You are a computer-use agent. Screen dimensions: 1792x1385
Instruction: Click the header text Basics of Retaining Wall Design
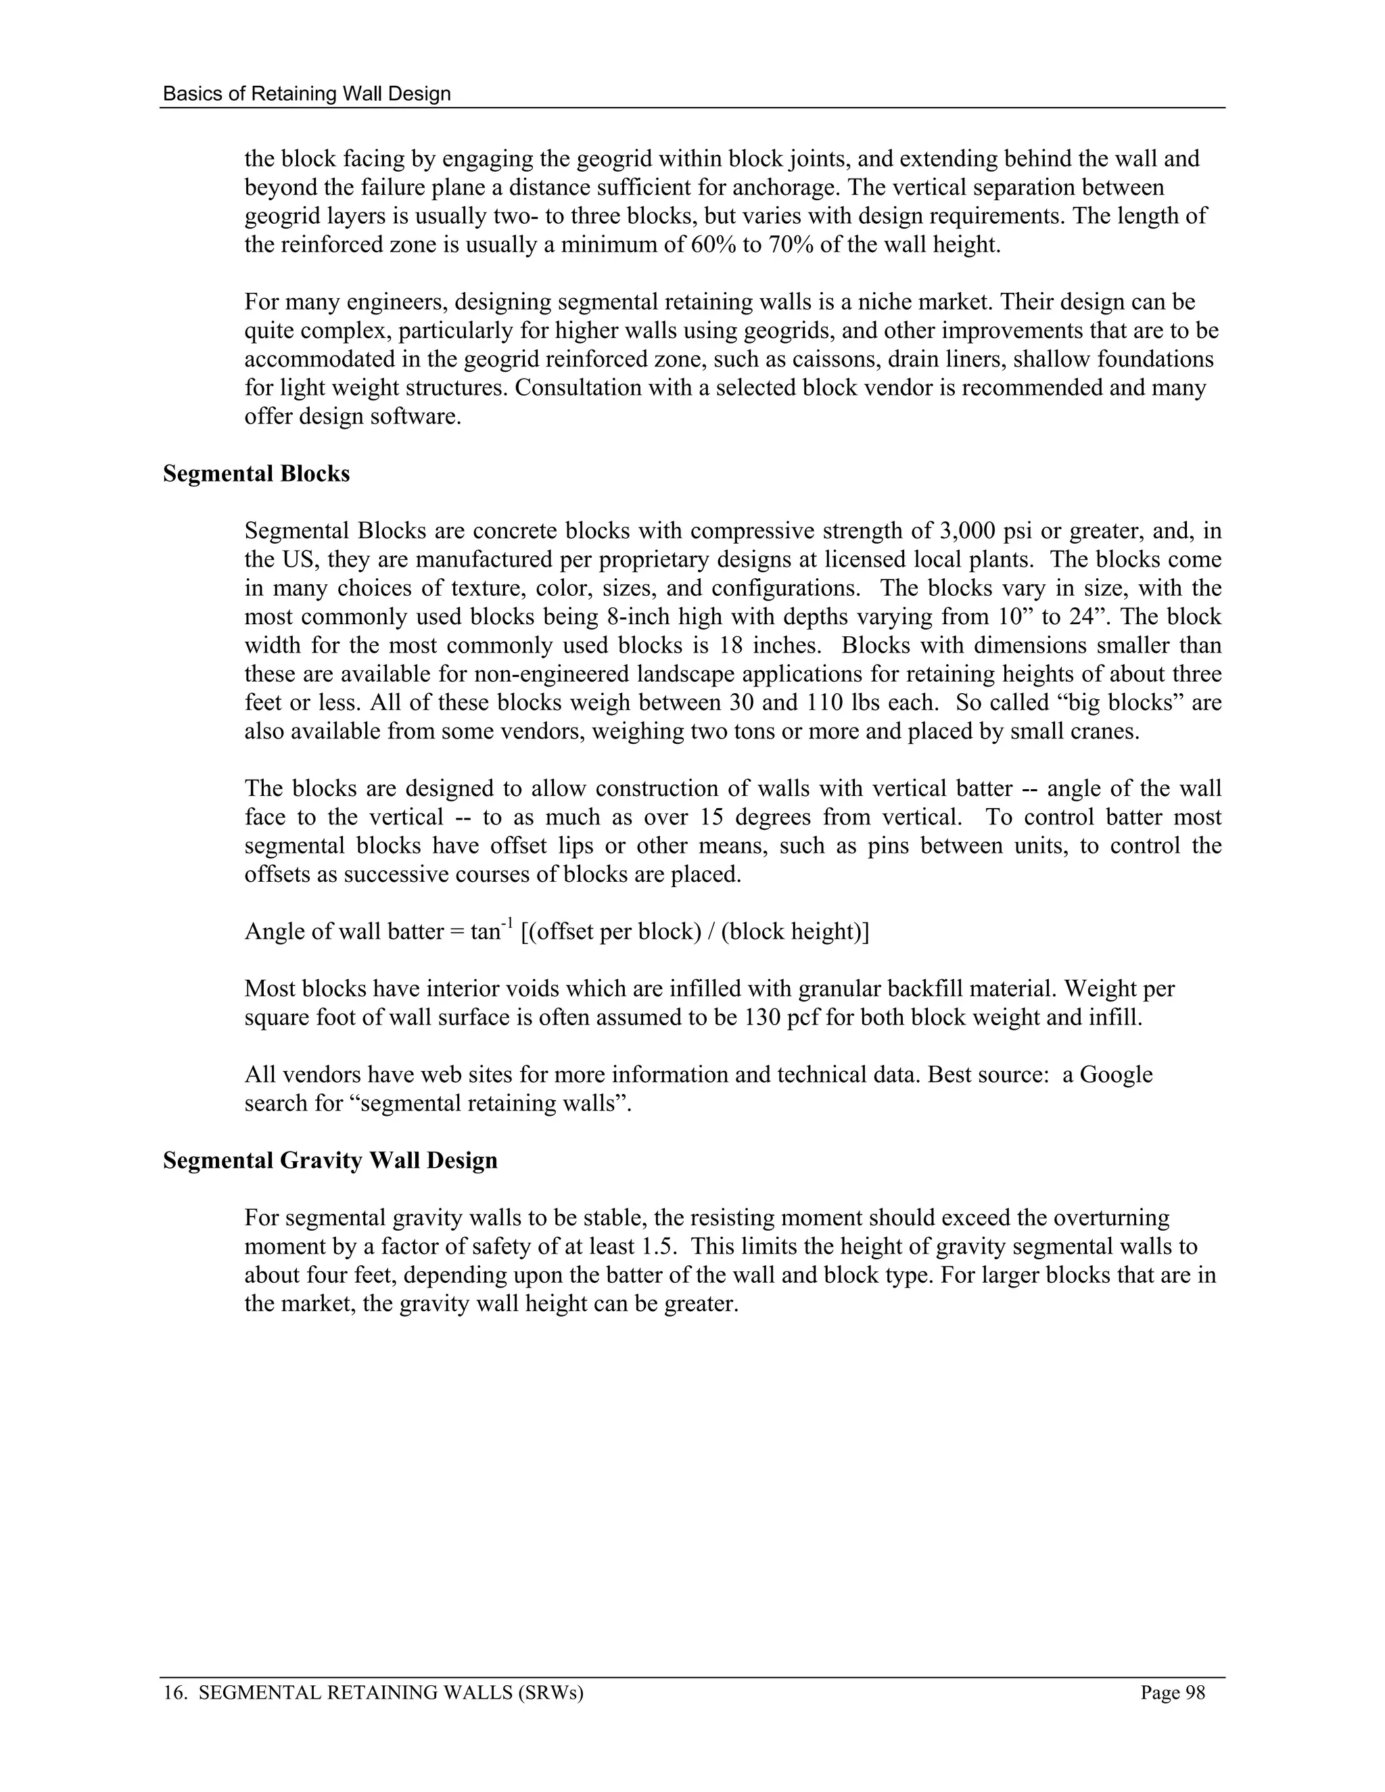pyautogui.click(x=307, y=93)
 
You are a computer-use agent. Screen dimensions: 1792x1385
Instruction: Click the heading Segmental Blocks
pyautogui.click(x=256, y=474)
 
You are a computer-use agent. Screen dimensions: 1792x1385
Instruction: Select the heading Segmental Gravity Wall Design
pyautogui.click(x=330, y=1161)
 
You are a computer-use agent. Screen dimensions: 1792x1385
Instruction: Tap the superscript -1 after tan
pyautogui.click(x=507, y=926)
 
